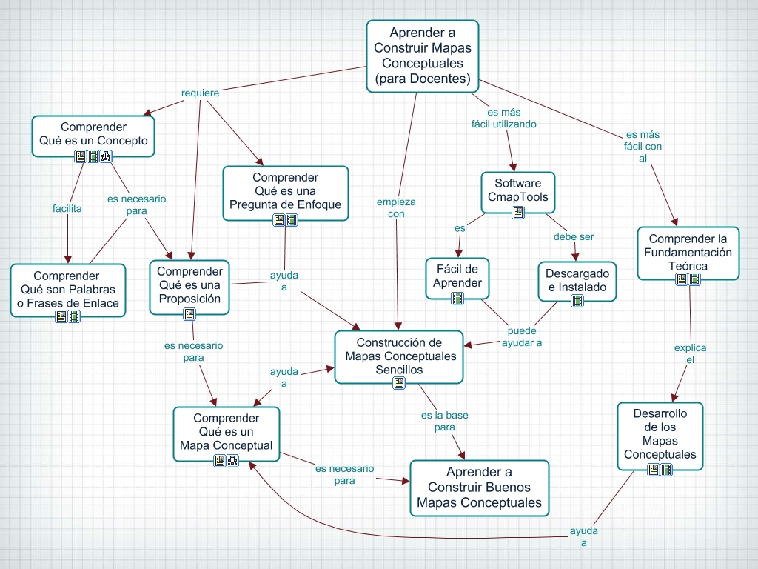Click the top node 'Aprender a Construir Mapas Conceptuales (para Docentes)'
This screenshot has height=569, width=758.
coord(423,56)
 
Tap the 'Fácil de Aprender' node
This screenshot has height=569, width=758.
coord(457,276)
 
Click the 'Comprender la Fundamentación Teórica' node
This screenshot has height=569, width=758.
coord(688,252)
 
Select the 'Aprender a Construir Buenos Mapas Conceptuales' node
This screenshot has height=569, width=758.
coord(479,488)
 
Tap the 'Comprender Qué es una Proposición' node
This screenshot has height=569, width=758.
coord(189,285)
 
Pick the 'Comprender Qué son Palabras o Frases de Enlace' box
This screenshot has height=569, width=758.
coord(67,290)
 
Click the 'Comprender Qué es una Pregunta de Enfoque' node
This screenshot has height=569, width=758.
coord(285,191)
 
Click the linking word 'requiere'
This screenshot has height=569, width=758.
coord(200,93)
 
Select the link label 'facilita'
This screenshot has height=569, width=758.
coord(67,208)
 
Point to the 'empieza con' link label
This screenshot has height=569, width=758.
coord(396,207)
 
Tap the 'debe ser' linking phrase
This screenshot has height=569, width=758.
coord(574,237)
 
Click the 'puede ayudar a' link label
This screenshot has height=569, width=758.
coord(522,336)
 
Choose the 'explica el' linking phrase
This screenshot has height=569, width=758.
coord(690,353)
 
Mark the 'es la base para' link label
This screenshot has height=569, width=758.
coord(444,421)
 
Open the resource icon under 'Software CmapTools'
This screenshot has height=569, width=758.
coord(518,213)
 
